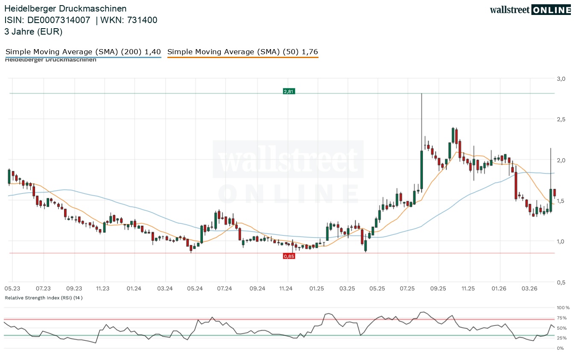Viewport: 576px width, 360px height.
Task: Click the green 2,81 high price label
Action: coord(289,91)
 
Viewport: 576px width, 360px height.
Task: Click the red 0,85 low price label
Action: coord(289,256)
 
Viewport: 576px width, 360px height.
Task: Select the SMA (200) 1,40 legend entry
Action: coord(83,52)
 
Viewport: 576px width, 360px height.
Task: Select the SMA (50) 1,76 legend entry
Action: coord(243,52)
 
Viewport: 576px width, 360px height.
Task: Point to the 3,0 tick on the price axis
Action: coord(561,79)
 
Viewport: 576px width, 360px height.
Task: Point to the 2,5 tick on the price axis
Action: coord(561,119)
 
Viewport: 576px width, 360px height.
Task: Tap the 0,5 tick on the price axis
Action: coord(561,282)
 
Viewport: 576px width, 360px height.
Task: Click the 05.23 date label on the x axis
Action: coord(12,289)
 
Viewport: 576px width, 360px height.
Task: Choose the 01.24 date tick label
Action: coord(134,289)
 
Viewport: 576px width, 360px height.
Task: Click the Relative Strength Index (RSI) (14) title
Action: coord(44,298)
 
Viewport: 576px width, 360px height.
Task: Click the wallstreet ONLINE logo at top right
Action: coord(530,10)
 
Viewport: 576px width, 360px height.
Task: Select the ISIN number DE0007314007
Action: coord(58,20)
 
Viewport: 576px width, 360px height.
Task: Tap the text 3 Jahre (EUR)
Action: coord(33,31)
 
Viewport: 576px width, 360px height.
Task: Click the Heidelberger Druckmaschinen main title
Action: coord(65,9)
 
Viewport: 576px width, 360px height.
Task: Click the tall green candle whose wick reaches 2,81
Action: coord(421,169)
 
